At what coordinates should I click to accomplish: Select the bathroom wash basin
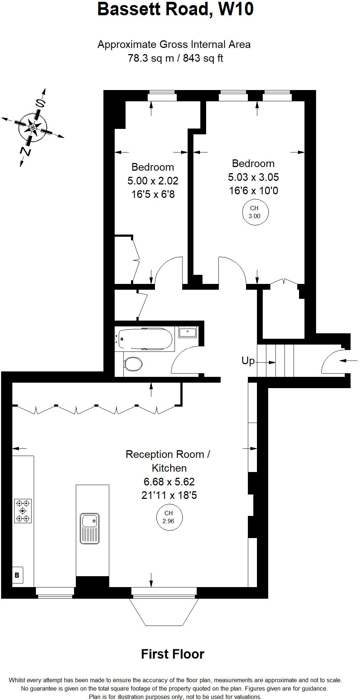(x=188, y=332)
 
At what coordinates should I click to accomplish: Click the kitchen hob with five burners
(x=23, y=511)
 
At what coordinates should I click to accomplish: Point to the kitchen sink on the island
(x=89, y=528)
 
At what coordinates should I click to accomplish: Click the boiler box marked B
(x=17, y=575)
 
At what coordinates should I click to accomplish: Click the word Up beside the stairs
(x=248, y=361)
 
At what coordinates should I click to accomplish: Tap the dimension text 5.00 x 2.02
(x=153, y=181)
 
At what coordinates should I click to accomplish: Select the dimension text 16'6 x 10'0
(x=253, y=191)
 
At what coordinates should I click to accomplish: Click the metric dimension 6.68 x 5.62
(x=169, y=482)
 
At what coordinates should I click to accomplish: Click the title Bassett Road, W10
(x=175, y=9)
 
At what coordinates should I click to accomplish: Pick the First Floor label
(x=172, y=654)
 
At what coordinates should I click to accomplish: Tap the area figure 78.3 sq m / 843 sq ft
(x=175, y=58)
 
